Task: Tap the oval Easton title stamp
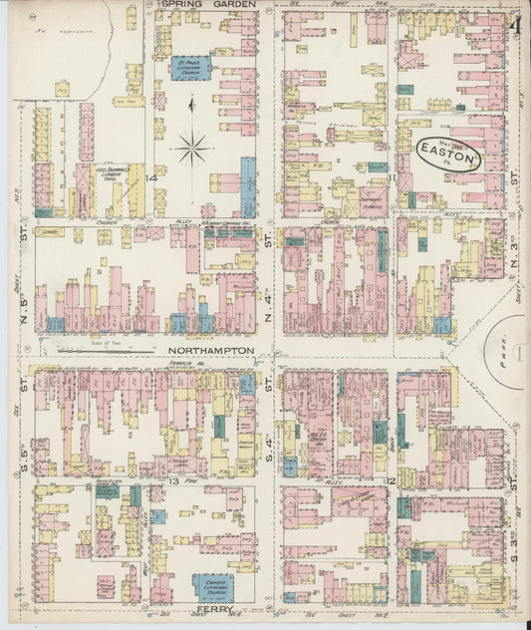tap(448, 156)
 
